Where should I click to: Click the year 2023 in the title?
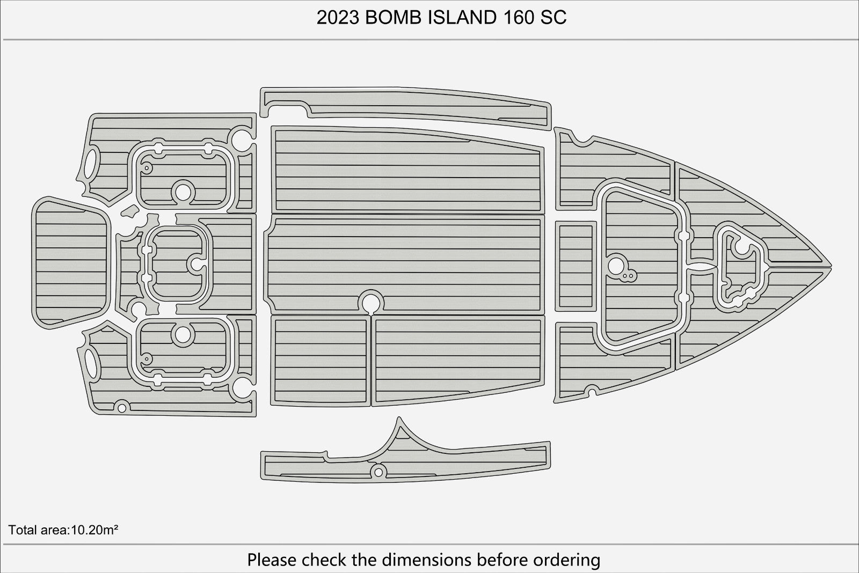point(338,18)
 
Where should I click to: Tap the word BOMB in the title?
point(393,18)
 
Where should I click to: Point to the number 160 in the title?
point(519,18)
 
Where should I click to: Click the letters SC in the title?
point(554,18)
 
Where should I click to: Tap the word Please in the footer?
point(272,560)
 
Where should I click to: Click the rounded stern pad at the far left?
point(71,263)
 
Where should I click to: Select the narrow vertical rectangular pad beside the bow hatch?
point(576,266)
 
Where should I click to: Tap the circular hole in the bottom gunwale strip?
point(378,472)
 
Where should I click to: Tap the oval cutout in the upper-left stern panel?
point(91,164)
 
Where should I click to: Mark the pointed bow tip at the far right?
point(831,266)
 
